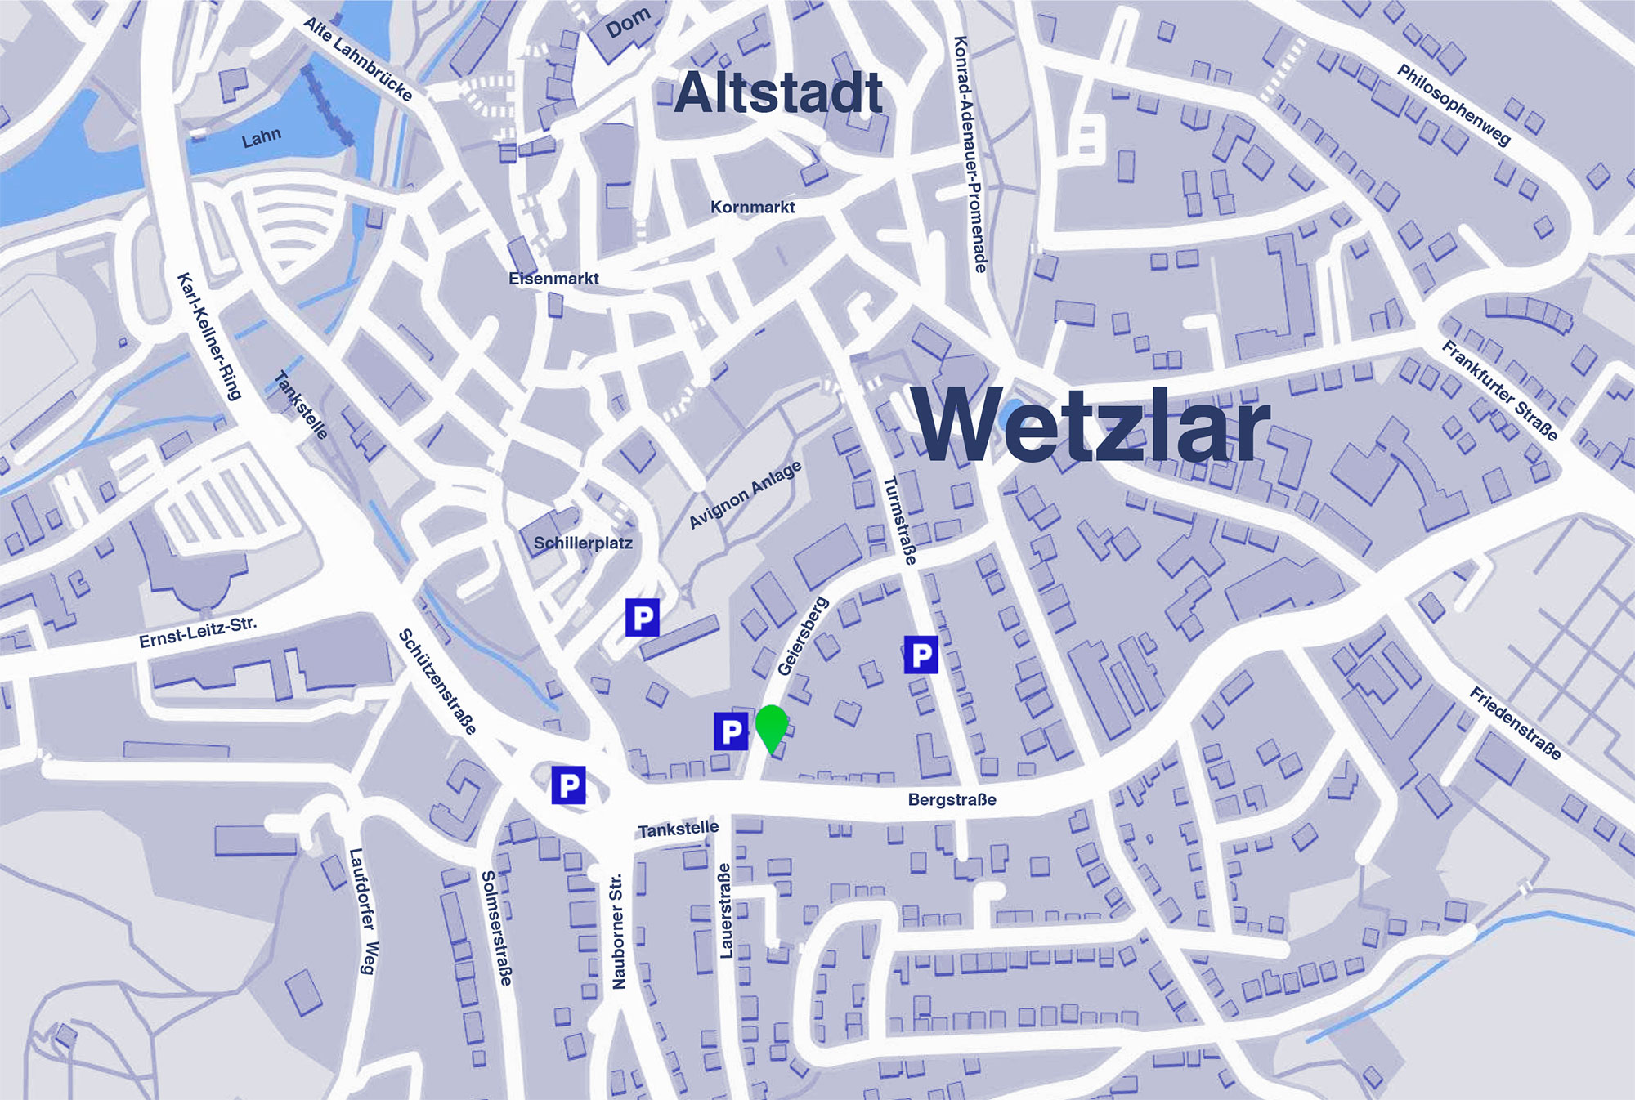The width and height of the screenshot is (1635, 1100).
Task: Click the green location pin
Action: (x=771, y=725)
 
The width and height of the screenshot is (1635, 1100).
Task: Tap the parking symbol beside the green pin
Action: (x=731, y=731)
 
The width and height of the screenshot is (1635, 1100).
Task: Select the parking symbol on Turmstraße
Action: (x=921, y=655)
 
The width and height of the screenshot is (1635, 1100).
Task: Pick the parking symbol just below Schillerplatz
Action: (x=643, y=617)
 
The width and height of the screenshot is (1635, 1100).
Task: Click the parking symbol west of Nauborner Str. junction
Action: (x=568, y=785)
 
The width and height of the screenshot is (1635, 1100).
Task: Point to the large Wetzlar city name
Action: (x=1091, y=425)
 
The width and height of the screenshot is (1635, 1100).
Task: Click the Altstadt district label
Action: (x=778, y=92)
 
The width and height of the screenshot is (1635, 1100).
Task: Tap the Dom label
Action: (x=628, y=23)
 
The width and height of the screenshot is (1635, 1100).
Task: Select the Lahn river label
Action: (x=261, y=137)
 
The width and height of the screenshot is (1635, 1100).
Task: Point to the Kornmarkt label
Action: (x=752, y=208)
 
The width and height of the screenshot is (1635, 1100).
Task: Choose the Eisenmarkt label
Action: (x=553, y=279)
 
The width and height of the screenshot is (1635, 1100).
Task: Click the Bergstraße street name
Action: (x=952, y=799)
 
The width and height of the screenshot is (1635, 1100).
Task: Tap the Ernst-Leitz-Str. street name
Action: (x=198, y=633)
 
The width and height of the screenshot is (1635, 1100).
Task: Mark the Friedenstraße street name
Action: (x=1516, y=723)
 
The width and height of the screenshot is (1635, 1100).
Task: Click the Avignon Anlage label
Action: (x=745, y=494)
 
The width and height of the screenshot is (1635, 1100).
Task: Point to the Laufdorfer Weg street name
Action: (x=363, y=910)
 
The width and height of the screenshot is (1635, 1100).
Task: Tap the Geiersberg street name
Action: (x=803, y=637)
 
